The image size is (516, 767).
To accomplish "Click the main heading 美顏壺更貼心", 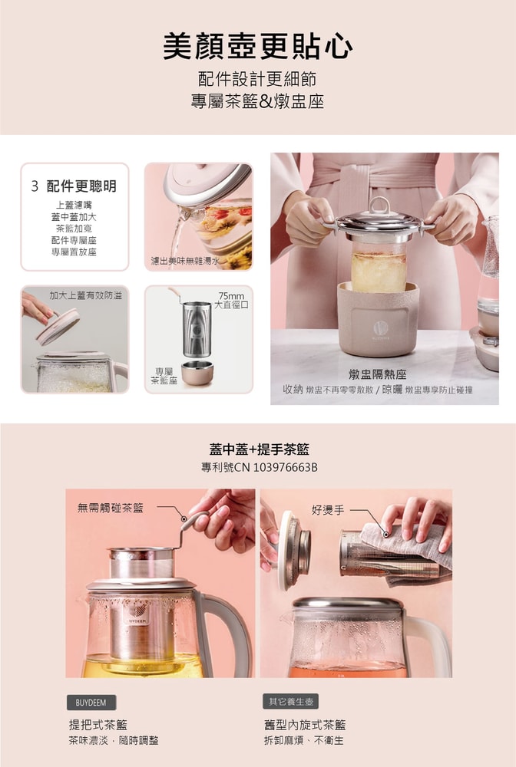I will [x=257, y=47].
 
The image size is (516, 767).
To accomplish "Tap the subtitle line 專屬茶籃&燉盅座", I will [x=257, y=101].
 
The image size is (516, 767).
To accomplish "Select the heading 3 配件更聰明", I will [x=74, y=186].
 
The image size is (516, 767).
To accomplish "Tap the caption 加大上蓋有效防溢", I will [x=85, y=295].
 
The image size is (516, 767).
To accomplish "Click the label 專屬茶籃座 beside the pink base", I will [x=164, y=375].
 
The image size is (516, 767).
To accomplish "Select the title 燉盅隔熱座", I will [x=377, y=374].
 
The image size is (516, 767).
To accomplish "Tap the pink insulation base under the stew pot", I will [x=378, y=318].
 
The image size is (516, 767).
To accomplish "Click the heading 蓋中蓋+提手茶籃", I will [x=259, y=449].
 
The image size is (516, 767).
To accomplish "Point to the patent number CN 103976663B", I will [x=259, y=467].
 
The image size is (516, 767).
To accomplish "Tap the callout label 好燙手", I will [x=328, y=509].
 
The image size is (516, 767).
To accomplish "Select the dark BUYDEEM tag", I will [x=91, y=703].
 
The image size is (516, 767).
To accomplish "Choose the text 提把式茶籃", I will [x=98, y=724].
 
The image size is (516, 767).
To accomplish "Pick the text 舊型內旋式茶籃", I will [x=305, y=724].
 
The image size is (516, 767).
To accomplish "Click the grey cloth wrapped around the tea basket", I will [x=407, y=546].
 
